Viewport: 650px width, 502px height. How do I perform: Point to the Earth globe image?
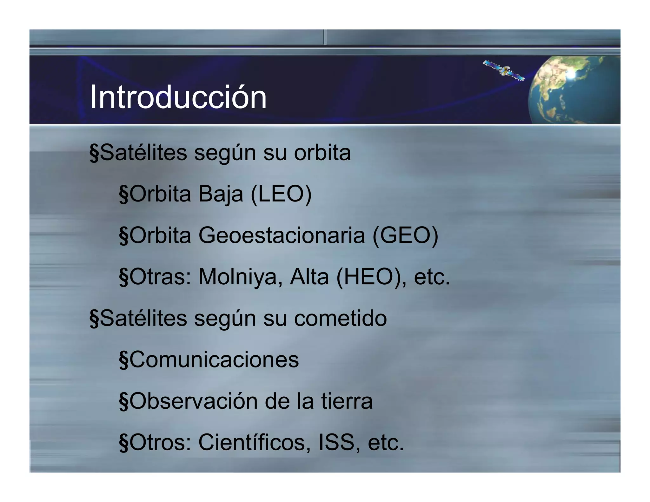point(574,90)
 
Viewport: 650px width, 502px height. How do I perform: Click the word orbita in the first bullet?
point(322,153)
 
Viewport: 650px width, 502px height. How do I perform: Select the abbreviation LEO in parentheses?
point(281,194)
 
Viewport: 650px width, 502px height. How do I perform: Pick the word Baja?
point(221,194)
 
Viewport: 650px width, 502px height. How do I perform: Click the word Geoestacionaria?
point(282,235)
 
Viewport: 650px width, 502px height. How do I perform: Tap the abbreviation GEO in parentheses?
point(405,235)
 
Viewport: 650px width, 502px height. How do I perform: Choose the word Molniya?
point(240,277)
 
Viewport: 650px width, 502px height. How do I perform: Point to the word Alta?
point(309,277)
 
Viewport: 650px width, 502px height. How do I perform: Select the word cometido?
point(340,318)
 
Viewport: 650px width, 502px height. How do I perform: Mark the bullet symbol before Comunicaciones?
point(123,360)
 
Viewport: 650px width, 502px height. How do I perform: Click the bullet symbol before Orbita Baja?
point(123,195)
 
